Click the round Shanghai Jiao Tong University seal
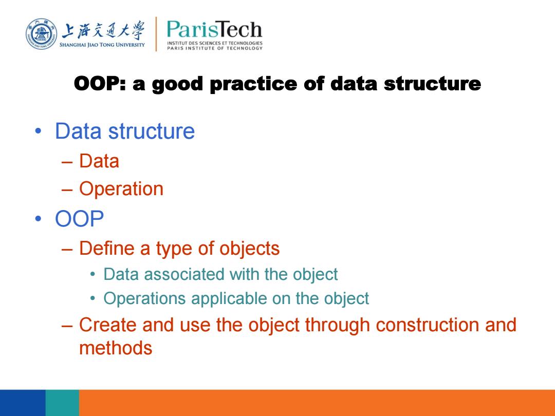(42, 34)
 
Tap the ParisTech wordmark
(214, 29)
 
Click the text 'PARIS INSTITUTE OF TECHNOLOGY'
(215, 48)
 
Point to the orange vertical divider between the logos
(156, 34)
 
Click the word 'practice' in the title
(253, 84)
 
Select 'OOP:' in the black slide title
(100, 84)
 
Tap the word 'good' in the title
(177, 85)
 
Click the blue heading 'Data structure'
(125, 131)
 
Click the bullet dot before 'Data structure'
(38, 131)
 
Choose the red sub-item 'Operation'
(121, 189)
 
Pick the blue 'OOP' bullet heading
(79, 219)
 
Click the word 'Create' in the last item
(107, 325)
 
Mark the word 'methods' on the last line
(116, 348)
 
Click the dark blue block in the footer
(23, 403)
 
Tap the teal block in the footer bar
(62, 403)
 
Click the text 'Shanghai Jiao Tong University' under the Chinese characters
(102, 45)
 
